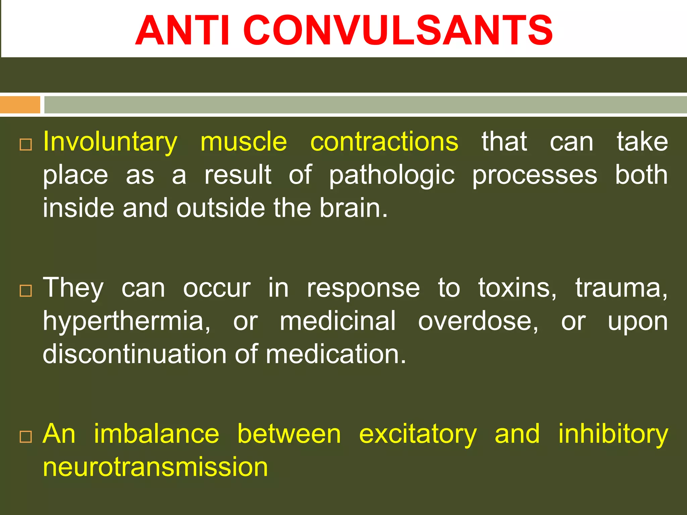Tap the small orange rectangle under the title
point(20,105)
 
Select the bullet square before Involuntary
point(26,145)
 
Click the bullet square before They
point(26,291)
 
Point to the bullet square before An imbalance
point(26,437)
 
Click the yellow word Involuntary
point(110,142)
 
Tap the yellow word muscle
point(244,142)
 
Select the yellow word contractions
point(384,142)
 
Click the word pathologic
point(391,175)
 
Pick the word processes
point(535,175)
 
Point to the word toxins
point(517,288)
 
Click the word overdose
point(478,321)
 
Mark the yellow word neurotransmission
point(155,467)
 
